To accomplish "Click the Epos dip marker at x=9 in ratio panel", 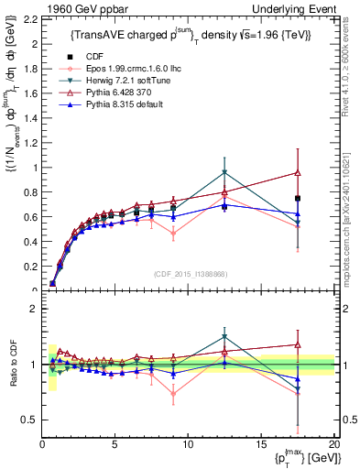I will pyautogui.click(x=173, y=395).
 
